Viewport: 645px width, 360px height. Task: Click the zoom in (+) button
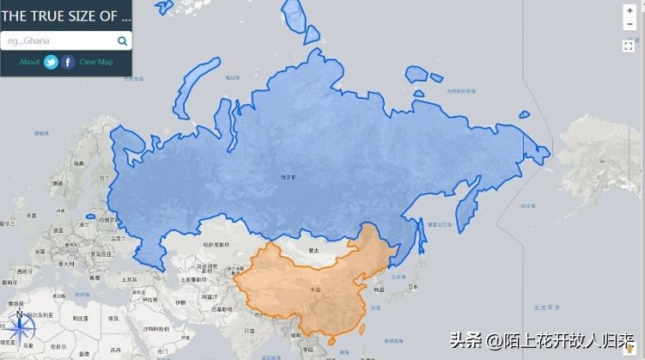[x=629, y=11]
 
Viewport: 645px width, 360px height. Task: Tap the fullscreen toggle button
[x=629, y=46]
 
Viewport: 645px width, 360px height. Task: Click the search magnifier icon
[x=123, y=40]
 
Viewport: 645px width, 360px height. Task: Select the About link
[x=29, y=62]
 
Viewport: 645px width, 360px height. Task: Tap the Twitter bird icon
[x=52, y=62]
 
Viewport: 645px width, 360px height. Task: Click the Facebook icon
[x=68, y=62]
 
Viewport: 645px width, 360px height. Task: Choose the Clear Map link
[x=95, y=62]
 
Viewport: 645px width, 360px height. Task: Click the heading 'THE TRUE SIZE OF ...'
[x=66, y=15]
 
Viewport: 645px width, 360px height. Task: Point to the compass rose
[x=19, y=326]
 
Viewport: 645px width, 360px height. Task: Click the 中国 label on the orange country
[x=315, y=289]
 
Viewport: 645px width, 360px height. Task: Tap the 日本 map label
[x=414, y=286]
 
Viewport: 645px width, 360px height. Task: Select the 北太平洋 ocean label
[x=545, y=307]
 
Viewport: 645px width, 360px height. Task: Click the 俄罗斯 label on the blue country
[x=288, y=177]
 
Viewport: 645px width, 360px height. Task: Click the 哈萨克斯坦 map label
[x=216, y=245]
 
